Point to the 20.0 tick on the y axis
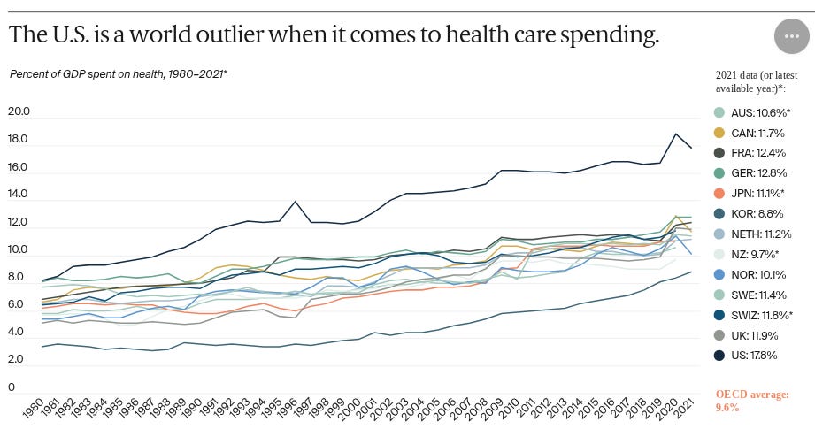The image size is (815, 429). pyautogui.click(x=19, y=112)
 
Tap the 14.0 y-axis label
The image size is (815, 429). pyautogui.click(x=19, y=195)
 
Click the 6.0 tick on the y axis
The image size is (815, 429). pyautogui.click(x=19, y=305)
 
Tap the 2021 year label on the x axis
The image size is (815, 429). pyautogui.click(x=680, y=409)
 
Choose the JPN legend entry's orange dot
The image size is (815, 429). pyautogui.click(x=719, y=194)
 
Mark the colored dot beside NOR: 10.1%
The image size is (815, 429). pyautogui.click(x=719, y=274)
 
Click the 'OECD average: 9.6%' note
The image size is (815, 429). pyautogui.click(x=751, y=401)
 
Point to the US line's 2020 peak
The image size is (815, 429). pyautogui.click(x=677, y=134)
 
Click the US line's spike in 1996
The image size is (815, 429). pyautogui.click(x=296, y=202)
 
